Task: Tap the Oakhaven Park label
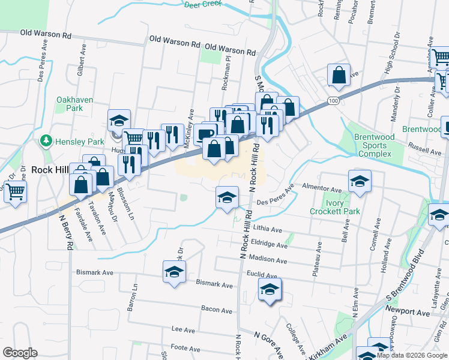point(70,104)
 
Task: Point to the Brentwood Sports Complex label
point(375,145)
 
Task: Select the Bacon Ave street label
point(217,310)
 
